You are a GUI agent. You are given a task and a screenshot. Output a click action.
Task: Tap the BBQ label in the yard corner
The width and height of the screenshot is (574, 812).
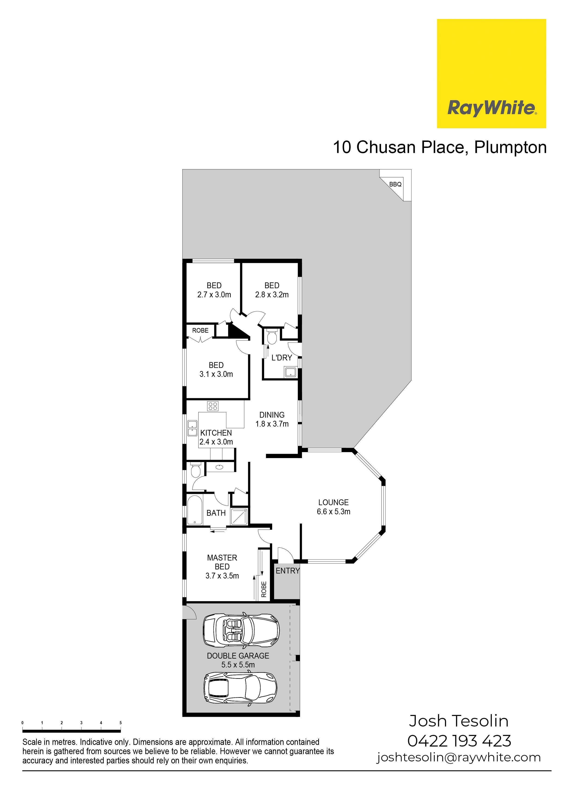coord(395,184)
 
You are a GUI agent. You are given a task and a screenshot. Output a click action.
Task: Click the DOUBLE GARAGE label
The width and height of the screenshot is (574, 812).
coord(238,656)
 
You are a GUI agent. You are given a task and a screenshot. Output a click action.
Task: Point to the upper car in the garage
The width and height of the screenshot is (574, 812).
coord(241,630)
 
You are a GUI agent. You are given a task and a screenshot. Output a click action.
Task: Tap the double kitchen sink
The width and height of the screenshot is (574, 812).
coord(192,428)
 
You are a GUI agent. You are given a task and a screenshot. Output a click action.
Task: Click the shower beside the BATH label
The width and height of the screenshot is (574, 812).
coord(239,517)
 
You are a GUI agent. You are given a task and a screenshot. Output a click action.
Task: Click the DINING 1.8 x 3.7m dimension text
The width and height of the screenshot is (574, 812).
coord(272,424)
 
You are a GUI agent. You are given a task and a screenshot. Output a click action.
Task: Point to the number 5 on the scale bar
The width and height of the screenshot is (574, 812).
coord(121,723)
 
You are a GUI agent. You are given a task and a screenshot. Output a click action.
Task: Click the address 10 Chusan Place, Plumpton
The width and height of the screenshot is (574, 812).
coord(440,147)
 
